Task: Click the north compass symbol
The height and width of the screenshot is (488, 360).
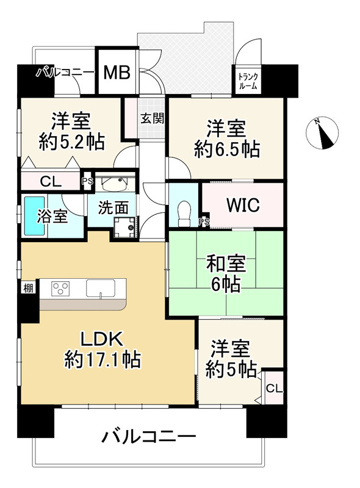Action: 324,134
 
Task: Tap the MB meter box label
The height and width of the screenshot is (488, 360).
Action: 116,73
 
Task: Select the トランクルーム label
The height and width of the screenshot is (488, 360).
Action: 248,81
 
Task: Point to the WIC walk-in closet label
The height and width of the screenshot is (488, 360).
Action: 243,205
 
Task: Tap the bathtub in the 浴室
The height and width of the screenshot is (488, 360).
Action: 32,217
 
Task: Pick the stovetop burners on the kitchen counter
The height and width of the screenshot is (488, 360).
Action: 62,288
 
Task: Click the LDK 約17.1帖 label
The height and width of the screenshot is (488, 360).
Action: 103,349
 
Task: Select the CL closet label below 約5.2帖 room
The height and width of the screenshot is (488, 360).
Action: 51,181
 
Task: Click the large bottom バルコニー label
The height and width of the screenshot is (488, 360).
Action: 148,437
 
